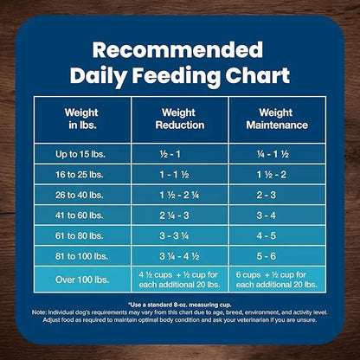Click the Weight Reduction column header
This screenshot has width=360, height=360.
(x=181, y=119)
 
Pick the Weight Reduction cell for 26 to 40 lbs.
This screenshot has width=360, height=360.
(x=181, y=195)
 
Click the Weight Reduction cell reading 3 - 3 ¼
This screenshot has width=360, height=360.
(x=181, y=235)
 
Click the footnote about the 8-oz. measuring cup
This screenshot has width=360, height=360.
(x=180, y=305)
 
